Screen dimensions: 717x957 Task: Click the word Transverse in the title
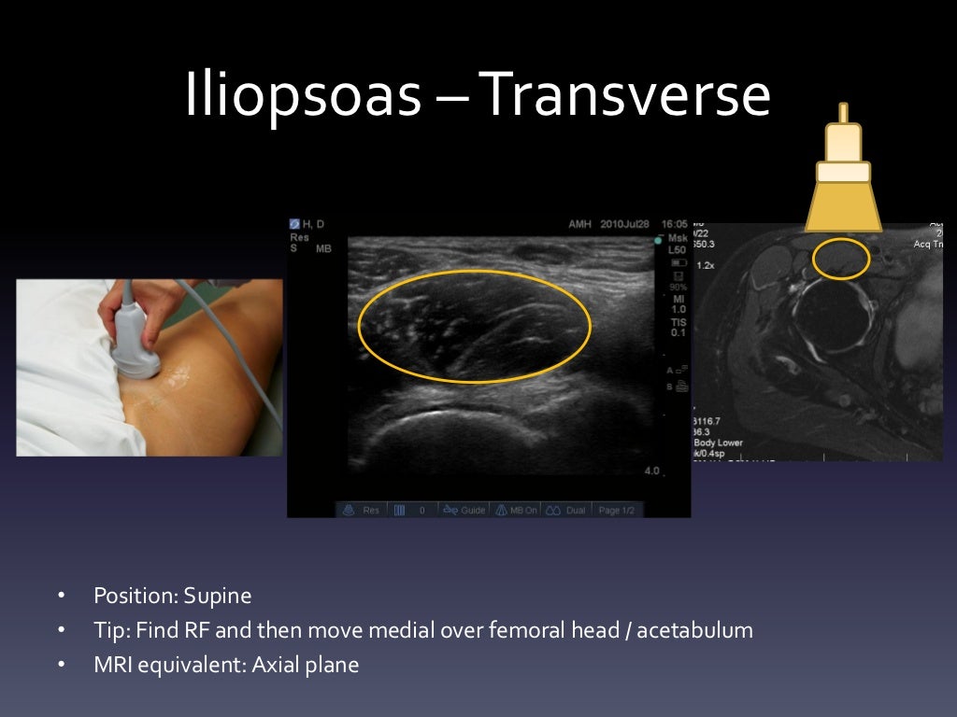(625, 97)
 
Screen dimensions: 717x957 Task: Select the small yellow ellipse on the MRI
(841, 259)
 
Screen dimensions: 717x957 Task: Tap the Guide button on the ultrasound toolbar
(465, 511)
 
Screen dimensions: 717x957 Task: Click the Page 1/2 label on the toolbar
(617, 511)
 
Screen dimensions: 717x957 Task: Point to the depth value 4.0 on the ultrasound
(651, 471)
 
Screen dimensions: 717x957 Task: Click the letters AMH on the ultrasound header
(580, 225)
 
